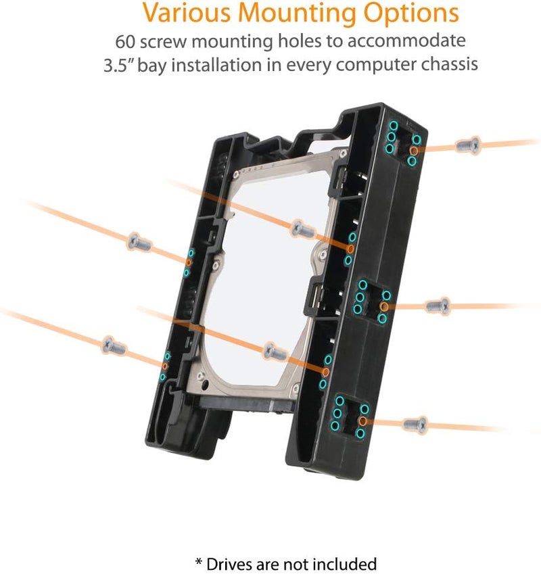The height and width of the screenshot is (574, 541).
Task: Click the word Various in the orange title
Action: pos(187,12)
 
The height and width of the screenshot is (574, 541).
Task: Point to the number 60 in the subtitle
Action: pos(126,41)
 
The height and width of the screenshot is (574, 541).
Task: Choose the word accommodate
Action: pos(406,41)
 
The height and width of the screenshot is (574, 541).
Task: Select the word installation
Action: pos(217,64)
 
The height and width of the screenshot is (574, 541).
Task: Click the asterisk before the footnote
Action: pos(199,562)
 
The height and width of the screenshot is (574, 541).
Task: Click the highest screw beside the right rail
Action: pos(468,145)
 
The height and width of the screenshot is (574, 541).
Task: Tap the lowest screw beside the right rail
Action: pos(415,425)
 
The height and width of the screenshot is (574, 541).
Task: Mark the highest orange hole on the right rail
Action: pos(414,151)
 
